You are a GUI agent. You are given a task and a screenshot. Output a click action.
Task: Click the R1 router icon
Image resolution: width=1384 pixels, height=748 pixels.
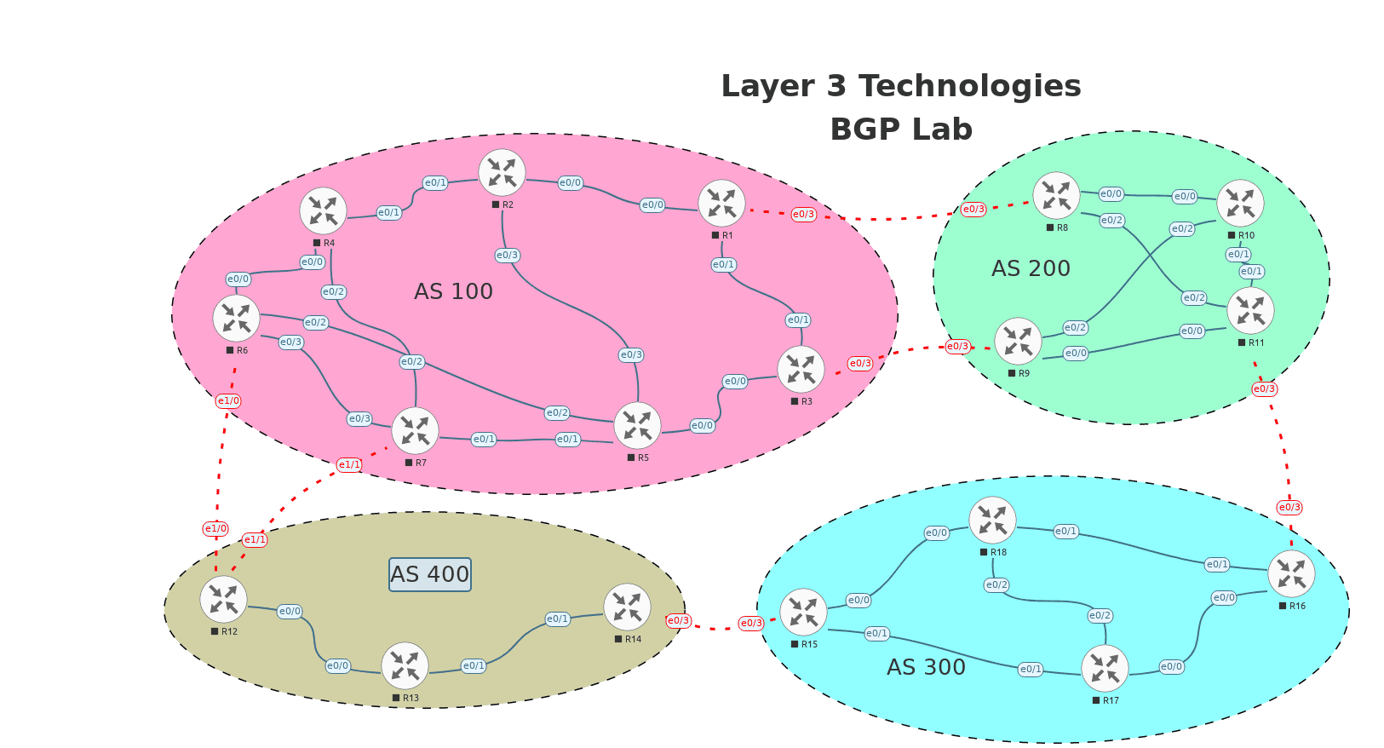(721, 204)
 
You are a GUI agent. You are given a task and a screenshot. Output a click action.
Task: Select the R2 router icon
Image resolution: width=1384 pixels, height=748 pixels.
(502, 173)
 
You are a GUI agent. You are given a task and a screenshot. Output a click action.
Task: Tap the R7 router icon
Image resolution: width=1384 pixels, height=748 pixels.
(415, 430)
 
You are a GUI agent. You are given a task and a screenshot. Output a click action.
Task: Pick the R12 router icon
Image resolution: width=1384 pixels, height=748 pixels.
(223, 599)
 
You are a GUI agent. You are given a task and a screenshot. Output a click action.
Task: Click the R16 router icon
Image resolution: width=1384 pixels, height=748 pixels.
(1291, 573)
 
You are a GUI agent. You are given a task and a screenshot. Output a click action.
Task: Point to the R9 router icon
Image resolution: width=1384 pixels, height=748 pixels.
(1018, 341)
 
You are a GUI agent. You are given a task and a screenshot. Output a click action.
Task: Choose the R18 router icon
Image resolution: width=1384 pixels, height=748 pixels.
(992, 520)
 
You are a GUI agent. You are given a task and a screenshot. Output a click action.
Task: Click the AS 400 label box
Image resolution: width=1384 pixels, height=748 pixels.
(430, 574)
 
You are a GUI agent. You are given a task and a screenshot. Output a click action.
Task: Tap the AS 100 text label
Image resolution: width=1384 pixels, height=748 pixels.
(453, 291)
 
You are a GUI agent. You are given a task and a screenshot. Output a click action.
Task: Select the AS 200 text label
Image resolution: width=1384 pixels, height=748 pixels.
(1031, 268)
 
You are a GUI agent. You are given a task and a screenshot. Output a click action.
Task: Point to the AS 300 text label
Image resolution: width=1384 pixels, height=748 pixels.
(926, 667)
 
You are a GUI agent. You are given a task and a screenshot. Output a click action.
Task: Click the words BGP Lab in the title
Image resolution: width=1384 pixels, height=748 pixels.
(901, 129)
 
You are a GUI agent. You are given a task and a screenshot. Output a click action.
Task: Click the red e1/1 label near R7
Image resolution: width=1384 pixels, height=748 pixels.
(349, 464)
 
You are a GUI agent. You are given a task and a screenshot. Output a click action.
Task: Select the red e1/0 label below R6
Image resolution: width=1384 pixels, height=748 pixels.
(228, 400)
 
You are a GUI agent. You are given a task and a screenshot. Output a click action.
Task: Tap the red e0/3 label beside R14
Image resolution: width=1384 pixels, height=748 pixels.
(678, 620)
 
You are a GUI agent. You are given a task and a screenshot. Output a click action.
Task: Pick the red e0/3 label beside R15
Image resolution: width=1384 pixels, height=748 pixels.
(751, 623)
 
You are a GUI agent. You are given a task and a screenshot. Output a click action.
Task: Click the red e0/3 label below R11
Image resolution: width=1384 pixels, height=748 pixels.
(1264, 388)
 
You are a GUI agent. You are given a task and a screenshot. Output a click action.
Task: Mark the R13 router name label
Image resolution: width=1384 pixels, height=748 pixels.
(411, 698)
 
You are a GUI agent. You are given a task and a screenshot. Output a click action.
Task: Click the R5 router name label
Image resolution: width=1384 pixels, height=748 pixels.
(643, 457)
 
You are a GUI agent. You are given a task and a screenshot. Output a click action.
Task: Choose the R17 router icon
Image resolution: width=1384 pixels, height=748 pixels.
(1105, 668)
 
